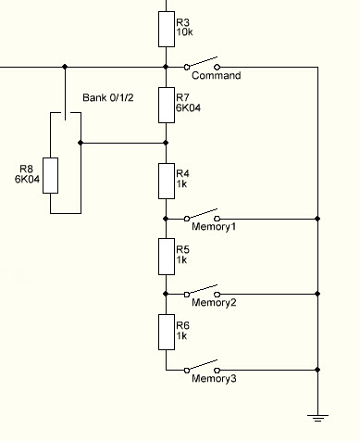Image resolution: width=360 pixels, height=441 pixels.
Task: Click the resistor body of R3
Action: click(167, 30)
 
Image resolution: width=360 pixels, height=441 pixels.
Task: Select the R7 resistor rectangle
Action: click(167, 105)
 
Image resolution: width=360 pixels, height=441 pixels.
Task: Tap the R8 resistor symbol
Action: click(50, 175)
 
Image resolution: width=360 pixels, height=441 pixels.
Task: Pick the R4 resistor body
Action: click(167, 181)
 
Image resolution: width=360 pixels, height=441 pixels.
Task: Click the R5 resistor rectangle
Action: click(167, 257)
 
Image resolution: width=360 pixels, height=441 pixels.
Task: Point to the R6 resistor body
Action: click(167, 332)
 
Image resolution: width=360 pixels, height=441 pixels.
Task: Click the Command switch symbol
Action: click(202, 63)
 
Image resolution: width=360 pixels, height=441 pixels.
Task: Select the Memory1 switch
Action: click(202, 215)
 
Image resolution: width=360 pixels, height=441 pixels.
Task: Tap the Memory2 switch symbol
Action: click(202, 291)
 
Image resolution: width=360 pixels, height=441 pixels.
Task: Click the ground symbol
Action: click(317, 418)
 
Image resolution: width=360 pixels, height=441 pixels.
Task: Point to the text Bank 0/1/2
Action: click(108, 98)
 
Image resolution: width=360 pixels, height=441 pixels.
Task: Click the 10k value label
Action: click(184, 32)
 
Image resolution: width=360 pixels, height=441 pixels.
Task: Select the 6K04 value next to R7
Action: click(188, 107)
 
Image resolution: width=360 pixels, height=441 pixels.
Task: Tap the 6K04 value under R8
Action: click(27, 179)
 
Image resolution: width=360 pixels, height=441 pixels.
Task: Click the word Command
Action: click(217, 76)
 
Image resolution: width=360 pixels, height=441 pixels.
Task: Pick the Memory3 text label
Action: click(214, 378)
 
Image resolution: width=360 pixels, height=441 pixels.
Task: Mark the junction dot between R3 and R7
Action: click(166, 67)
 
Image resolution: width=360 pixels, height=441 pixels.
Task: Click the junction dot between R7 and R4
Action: click(166, 143)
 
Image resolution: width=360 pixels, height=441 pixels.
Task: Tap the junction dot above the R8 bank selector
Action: click(65, 67)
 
